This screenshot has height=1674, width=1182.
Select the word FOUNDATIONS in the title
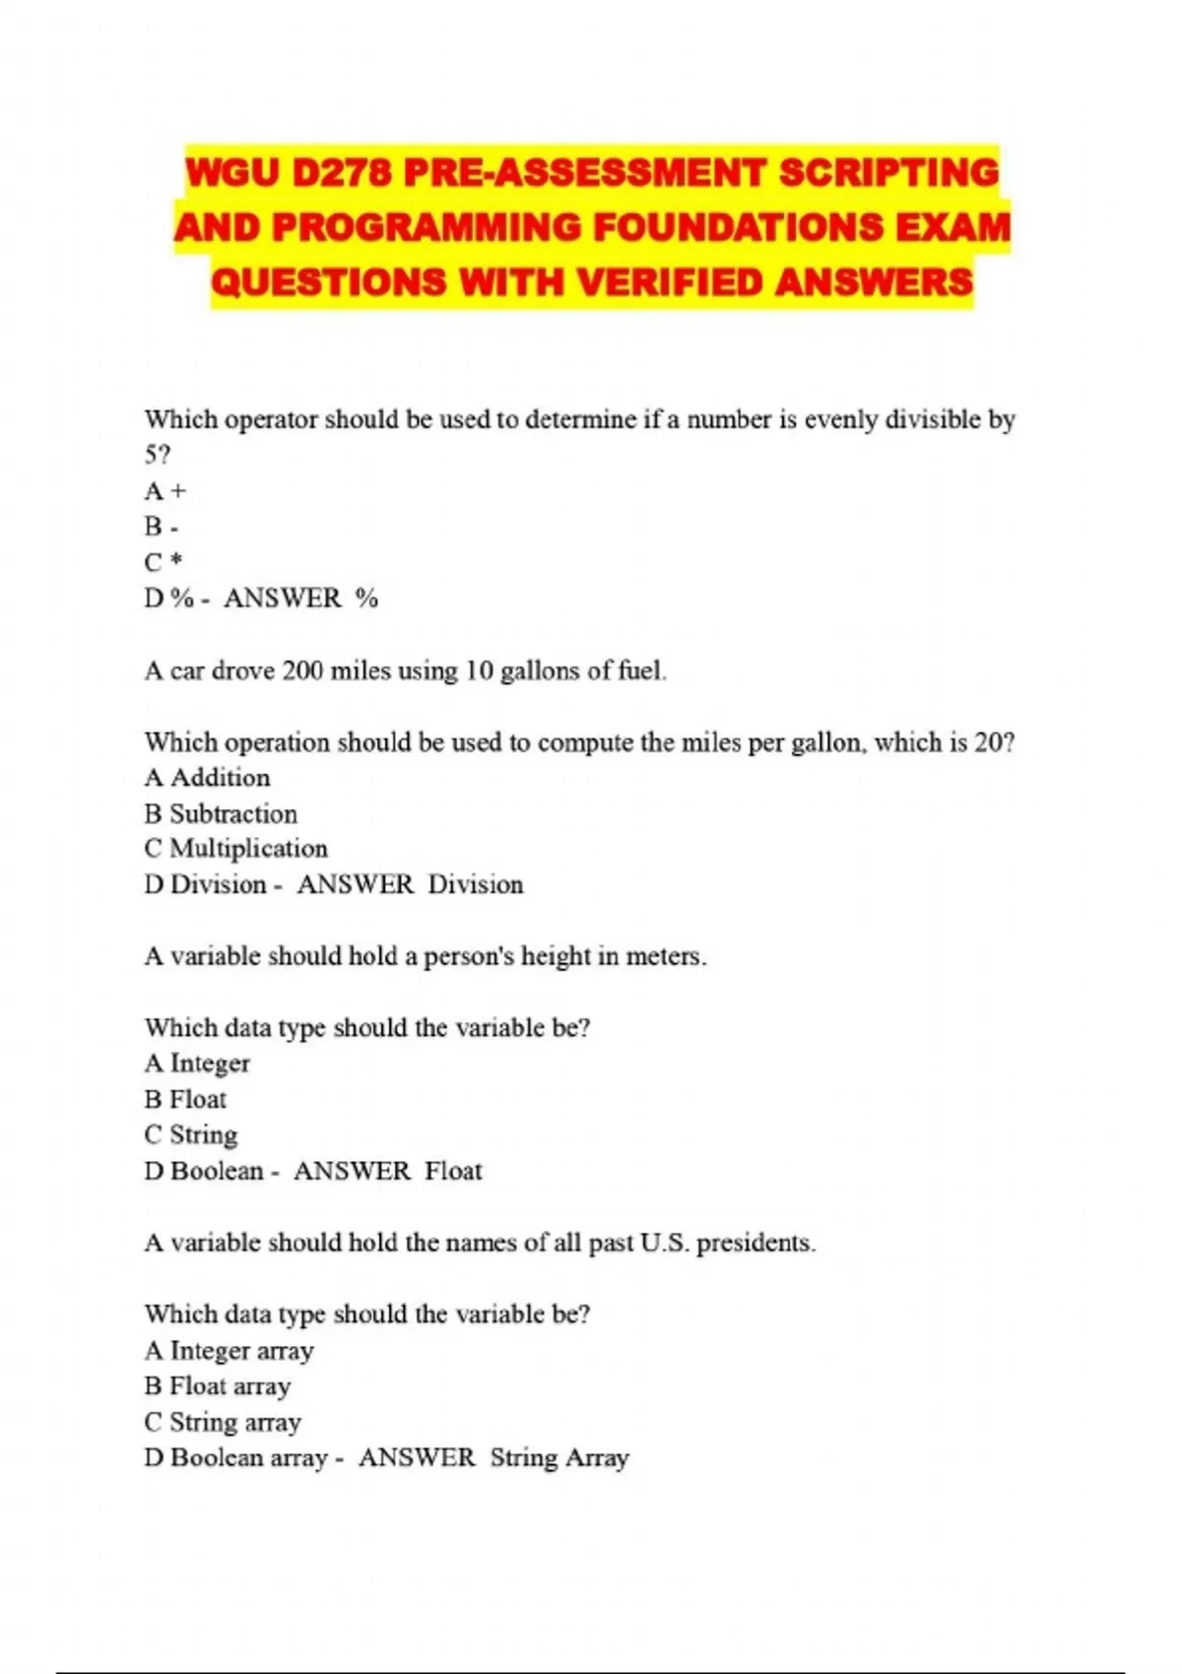739,227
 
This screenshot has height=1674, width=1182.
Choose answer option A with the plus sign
165,490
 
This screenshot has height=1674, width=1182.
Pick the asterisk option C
164,562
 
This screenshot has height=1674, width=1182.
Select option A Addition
207,778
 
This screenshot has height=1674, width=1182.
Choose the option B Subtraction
221,814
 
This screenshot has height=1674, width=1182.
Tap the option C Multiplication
235,849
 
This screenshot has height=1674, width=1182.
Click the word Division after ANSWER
476,885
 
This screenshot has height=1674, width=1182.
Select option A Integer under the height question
197,1063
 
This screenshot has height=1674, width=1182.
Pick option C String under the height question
191,1135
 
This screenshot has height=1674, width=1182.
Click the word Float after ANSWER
454,1171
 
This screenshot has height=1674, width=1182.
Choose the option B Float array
218,1386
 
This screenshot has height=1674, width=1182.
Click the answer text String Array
559,1458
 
